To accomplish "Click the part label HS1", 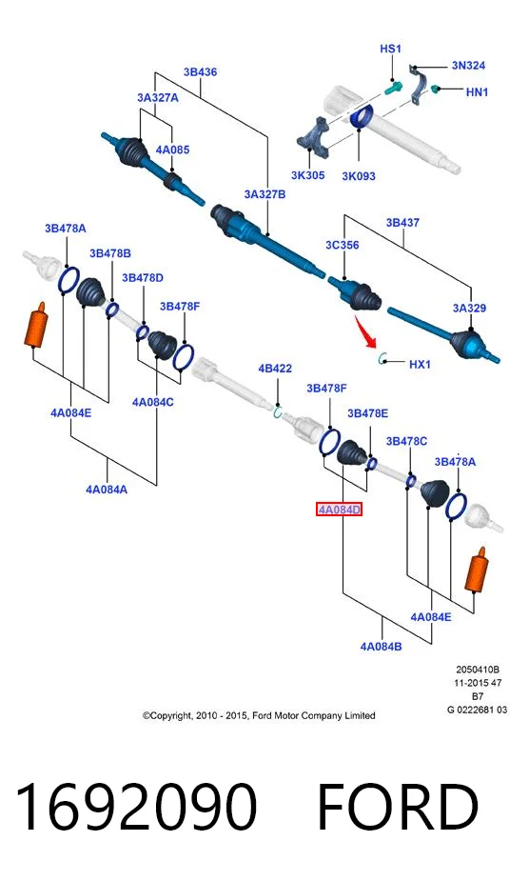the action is (x=390, y=49).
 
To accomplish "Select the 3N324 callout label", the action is (x=468, y=65).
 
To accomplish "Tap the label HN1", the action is (x=477, y=91).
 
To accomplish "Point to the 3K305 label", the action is (x=307, y=175).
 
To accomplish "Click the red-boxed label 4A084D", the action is (x=339, y=510).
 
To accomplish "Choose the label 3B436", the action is (x=200, y=72).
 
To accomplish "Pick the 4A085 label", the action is (x=172, y=150).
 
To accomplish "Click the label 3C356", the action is (x=342, y=245).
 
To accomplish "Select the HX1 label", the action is (x=420, y=364).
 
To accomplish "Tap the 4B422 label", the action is (x=275, y=368).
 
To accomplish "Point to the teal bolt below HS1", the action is (x=393, y=88).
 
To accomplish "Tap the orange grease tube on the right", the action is (x=477, y=570).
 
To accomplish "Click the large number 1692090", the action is (x=136, y=807).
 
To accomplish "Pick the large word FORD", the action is (x=398, y=807).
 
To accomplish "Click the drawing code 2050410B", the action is (x=478, y=670).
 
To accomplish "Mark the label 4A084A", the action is (x=107, y=490).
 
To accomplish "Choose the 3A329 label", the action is (x=469, y=308).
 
